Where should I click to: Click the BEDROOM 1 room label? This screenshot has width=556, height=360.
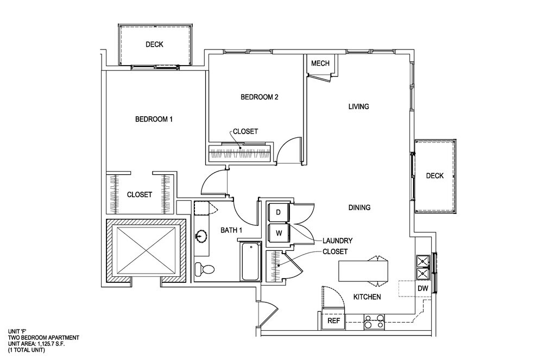154,119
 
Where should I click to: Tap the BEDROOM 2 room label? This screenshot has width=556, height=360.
260,98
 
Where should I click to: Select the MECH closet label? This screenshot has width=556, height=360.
320,64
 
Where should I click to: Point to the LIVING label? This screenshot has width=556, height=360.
358,106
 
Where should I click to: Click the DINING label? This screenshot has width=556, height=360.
359,207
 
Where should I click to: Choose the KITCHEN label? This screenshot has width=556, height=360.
367,297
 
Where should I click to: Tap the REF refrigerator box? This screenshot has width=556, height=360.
334,321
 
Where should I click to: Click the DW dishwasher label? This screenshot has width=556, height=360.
422,288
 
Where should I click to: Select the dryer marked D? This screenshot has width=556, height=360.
279,213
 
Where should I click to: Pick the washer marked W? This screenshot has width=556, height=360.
279,233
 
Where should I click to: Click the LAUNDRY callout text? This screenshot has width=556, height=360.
338,241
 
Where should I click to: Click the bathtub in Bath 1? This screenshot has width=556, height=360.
251,262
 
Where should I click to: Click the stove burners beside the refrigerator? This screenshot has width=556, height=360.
374,322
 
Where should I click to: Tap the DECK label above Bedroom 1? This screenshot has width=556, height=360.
154,45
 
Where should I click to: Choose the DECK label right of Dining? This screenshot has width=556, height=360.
434,175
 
